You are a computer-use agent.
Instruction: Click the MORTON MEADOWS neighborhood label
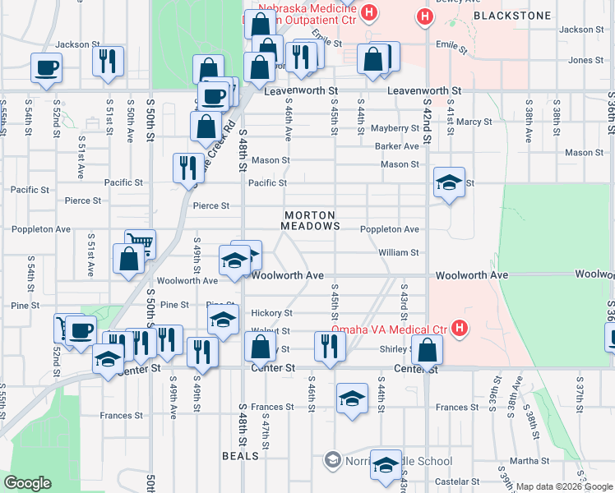tap(310, 219)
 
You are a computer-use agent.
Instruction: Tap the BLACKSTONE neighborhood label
tap(502, 16)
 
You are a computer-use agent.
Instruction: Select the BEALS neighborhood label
tap(240, 454)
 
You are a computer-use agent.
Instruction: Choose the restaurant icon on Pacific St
tap(188, 167)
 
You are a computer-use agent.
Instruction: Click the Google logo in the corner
tap(27, 483)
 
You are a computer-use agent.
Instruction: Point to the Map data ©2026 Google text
tap(563, 486)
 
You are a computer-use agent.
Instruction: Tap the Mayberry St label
tap(395, 128)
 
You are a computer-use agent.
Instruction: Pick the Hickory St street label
tap(271, 313)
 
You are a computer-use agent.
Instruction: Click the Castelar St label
tap(451, 481)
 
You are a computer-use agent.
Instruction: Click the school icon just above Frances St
tap(352, 399)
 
